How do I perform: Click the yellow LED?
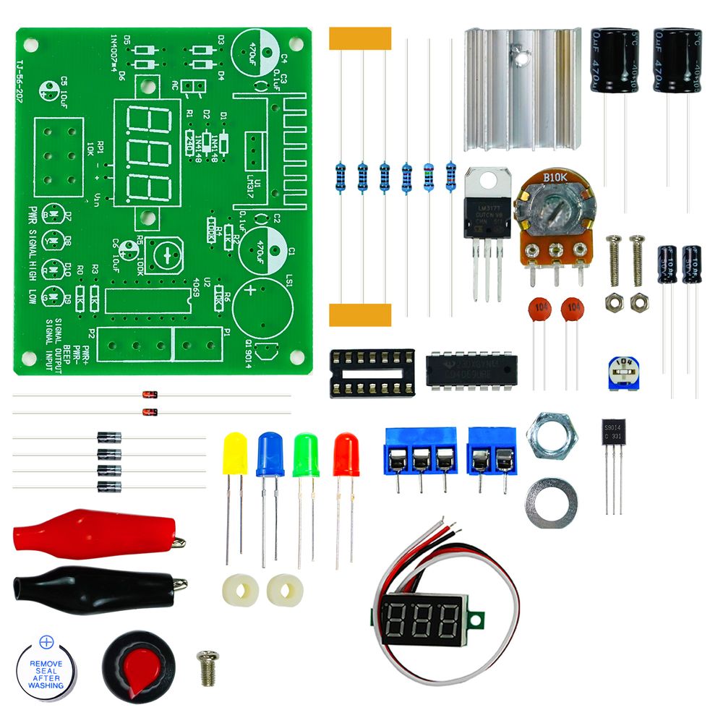[234, 454]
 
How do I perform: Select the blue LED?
[270, 455]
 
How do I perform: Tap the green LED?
[307, 455]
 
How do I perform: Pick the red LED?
[346, 455]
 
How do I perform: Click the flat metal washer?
[551, 500]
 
